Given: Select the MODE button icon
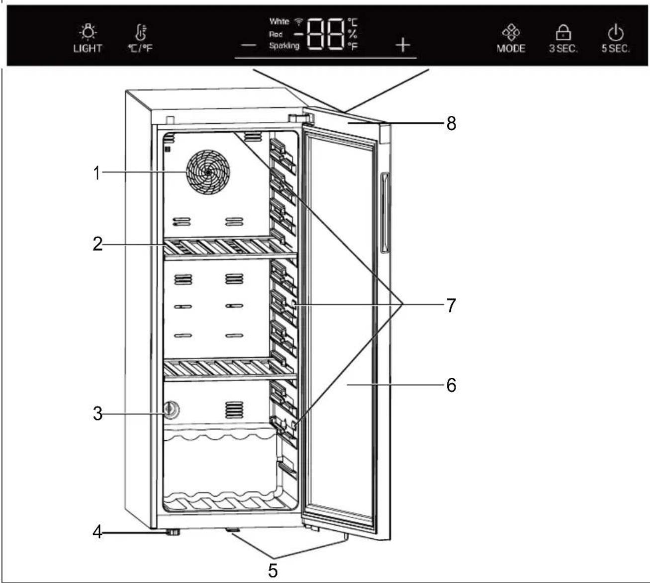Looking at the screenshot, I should pyautogui.click(x=511, y=33).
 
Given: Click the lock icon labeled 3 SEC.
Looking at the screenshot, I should pyautogui.click(x=563, y=33).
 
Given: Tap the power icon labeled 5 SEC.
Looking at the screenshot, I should pyautogui.click(x=616, y=33).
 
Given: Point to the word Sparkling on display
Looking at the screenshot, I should pyautogui.click(x=284, y=46).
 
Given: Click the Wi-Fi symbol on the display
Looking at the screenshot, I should pyautogui.click(x=299, y=21).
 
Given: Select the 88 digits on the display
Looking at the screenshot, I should pyautogui.click(x=326, y=34).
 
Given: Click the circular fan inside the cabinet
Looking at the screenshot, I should pyautogui.click(x=208, y=172).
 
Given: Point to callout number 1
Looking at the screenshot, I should pyautogui.click(x=97, y=173).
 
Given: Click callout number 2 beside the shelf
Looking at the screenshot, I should pyautogui.click(x=97, y=244).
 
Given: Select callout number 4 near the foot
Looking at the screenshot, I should pyautogui.click(x=97, y=532).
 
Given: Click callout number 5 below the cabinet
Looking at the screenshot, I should pyautogui.click(x=273, y=570).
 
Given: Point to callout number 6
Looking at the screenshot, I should pyautogui.click(x=451, y=385).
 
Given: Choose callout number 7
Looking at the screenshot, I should pyautogui.click(x=451, y=305).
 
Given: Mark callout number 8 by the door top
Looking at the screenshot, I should pyautogui.click(x=451, y=123).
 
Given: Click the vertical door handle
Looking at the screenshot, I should pyautogui.click(x=384, y=213).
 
